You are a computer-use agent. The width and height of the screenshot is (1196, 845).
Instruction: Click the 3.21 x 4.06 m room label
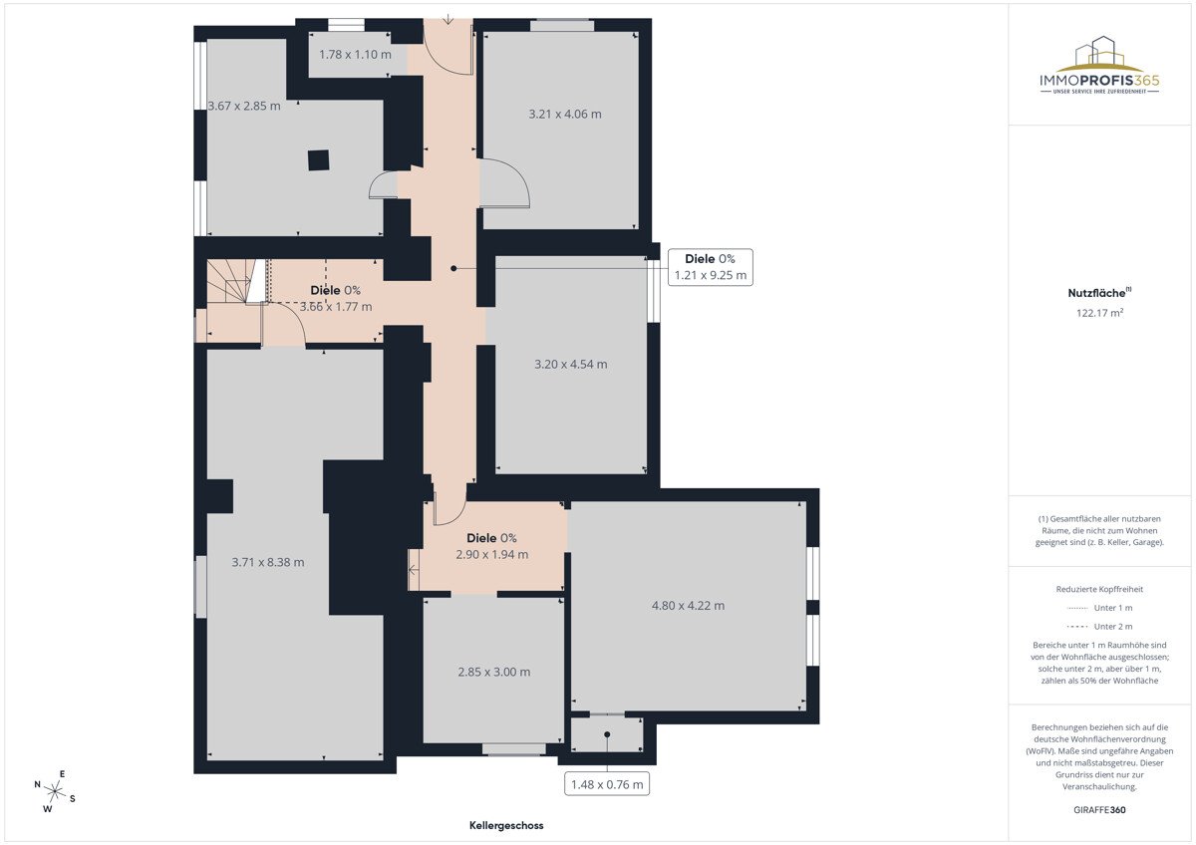click(x=565, y=115)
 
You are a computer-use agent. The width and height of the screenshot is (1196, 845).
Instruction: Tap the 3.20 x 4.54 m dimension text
click(x=571, y=365)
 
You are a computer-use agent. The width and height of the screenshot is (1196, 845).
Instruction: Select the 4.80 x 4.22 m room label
click(x=689, y=606)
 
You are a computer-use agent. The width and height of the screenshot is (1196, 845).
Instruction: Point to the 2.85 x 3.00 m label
click(x=494, y=672)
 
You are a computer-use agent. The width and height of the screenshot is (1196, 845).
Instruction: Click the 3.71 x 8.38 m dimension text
click(x=268, y=562)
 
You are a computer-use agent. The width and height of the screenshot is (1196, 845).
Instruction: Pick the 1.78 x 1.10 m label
click(x=355, y=55)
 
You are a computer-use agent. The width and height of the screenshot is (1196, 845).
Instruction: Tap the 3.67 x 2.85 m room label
click(x=244, y=106)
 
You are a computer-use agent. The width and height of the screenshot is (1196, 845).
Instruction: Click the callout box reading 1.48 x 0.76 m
click(x=607, y=784)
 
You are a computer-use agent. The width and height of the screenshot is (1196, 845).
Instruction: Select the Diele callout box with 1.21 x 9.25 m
click(x=710, y=267)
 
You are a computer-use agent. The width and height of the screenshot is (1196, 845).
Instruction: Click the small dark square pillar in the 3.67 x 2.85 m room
click(x=318, y=160)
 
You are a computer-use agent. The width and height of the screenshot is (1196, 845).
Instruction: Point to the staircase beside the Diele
click(x=235, y=281)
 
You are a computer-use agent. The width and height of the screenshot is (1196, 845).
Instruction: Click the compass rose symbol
click(x=55, y=790)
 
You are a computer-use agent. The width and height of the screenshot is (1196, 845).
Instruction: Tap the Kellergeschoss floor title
click(x=506, y=825)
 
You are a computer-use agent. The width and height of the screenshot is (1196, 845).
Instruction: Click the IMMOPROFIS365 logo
click(x=1099, y=65)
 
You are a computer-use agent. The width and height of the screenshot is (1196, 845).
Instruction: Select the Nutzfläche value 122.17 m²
click(x=1099, y=313)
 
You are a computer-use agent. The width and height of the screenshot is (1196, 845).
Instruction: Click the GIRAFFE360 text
click(x=1099, y=810)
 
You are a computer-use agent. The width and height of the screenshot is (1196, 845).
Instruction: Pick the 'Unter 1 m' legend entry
click(x=1099, y=608)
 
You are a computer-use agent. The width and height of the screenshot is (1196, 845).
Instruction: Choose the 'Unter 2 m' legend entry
click(x=1099, y=626)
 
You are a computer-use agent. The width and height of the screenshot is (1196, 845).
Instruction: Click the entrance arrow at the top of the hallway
click(x=448, y=18)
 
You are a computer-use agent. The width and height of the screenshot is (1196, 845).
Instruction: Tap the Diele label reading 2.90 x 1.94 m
click(x=491, y=546)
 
